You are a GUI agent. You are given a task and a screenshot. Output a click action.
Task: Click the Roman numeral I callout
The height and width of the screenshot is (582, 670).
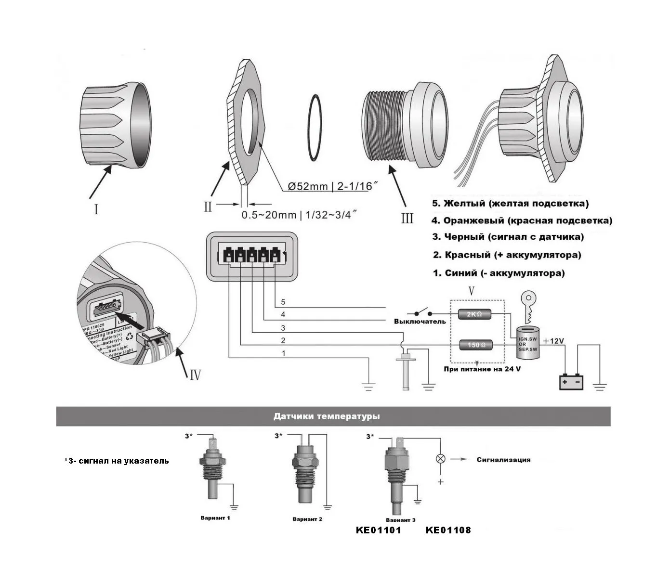96,209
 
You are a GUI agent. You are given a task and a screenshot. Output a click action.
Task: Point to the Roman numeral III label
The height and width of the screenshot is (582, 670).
407,219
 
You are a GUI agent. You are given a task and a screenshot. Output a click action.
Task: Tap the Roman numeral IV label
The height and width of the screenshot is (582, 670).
195,374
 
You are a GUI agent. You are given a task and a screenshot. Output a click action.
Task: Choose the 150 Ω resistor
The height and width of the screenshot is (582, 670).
476,345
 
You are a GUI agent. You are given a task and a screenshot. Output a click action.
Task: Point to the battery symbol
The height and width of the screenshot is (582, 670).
571,382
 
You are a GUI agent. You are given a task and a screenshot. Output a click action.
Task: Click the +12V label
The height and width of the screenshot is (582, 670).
553,341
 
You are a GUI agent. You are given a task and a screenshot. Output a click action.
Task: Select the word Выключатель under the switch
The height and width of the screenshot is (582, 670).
420,321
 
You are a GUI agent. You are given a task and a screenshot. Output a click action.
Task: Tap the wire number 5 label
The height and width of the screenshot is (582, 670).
283,302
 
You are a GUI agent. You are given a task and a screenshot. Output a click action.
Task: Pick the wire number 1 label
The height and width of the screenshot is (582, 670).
283,353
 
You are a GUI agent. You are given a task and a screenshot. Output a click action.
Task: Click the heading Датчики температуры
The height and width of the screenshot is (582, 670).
326,416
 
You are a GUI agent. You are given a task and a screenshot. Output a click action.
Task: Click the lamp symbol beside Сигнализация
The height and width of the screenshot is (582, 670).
440,458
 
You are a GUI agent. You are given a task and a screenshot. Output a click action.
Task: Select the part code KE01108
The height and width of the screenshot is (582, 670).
448,530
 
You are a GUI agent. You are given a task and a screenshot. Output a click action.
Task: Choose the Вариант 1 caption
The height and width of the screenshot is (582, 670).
215,518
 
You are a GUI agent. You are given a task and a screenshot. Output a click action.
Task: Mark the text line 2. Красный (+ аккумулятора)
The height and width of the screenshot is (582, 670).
507,255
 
